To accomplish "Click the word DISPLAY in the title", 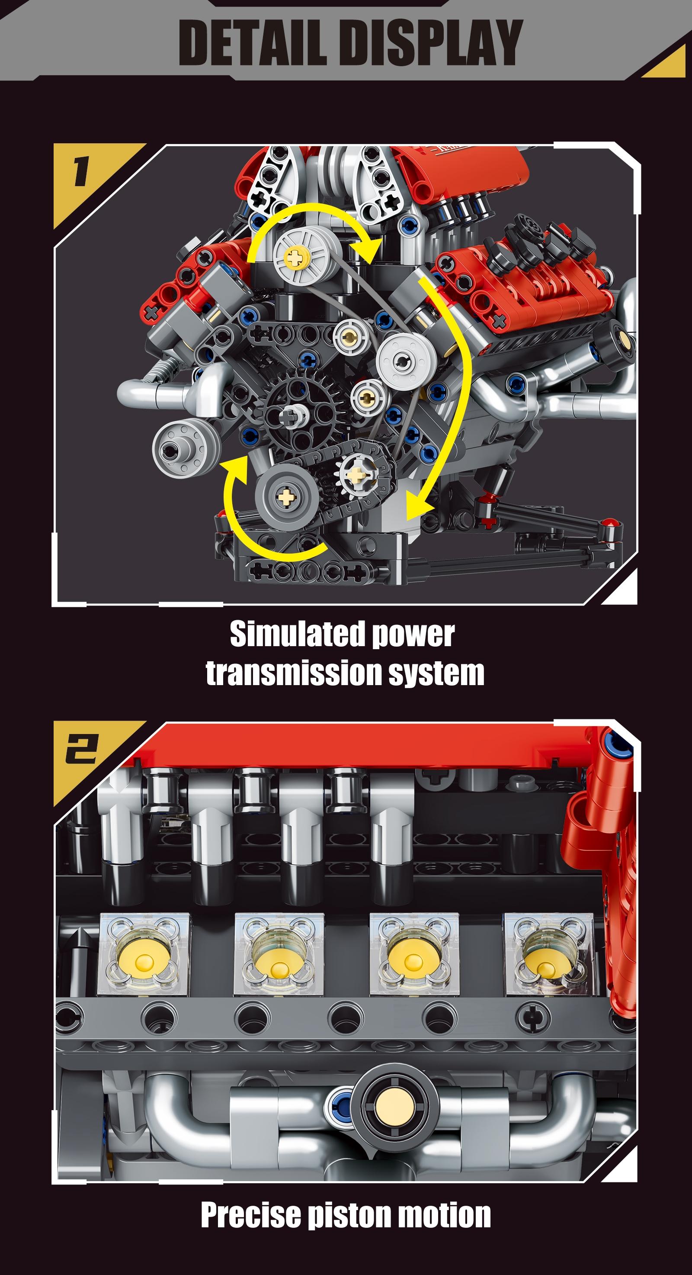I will pyautogui.click(x=432, y=43).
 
